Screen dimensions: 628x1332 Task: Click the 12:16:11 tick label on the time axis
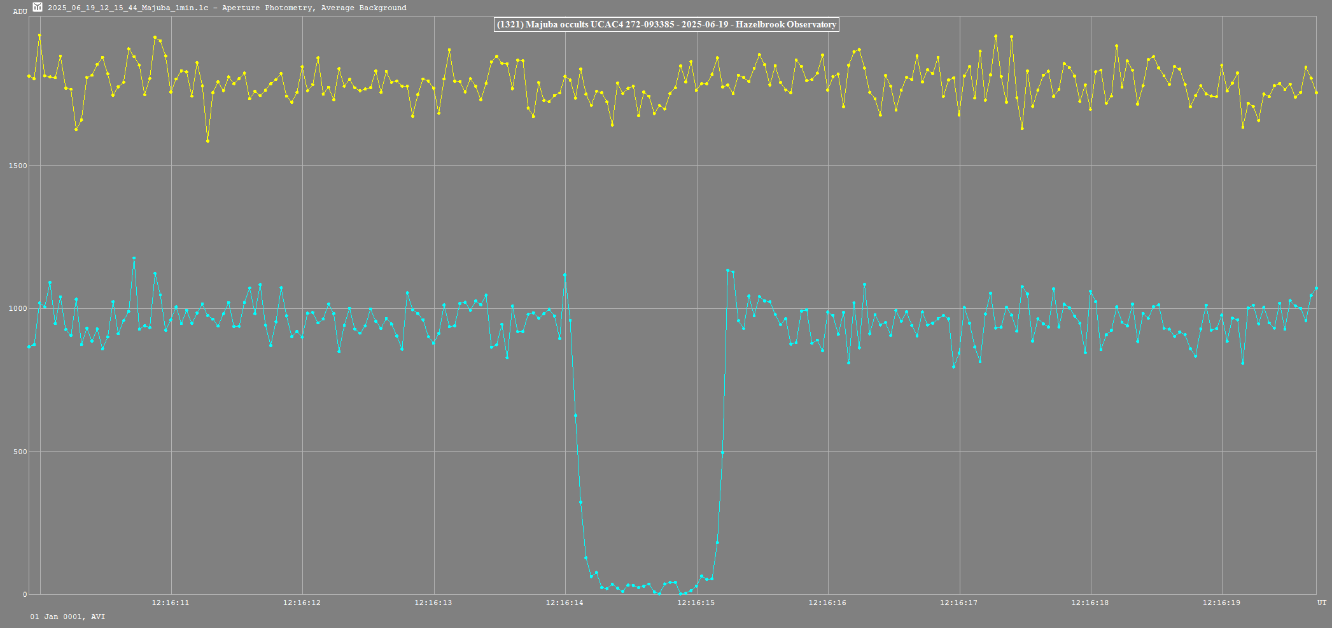[170, 603]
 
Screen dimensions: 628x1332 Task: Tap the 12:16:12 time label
[302, 603]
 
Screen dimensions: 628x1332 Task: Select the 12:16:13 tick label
[433, 603]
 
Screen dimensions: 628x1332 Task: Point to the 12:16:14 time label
[564, 603]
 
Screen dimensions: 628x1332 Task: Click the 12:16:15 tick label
[696, 603]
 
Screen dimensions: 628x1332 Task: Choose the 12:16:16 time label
[827, 603]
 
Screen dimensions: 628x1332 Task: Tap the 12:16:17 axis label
[958, 603]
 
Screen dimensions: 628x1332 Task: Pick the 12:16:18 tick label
[1090, 603]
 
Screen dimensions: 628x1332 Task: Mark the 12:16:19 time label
[1221, 603]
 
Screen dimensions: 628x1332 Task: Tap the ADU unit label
[20, 11]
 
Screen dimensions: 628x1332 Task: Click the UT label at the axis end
[1322, 603]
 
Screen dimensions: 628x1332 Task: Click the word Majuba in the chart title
[540, 25]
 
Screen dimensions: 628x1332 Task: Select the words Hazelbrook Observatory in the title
[786, 25]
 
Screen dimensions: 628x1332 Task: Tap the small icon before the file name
[38, 7]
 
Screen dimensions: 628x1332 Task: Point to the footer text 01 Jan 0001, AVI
[67, 617]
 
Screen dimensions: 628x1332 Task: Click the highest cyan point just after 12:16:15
[727, 270]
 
